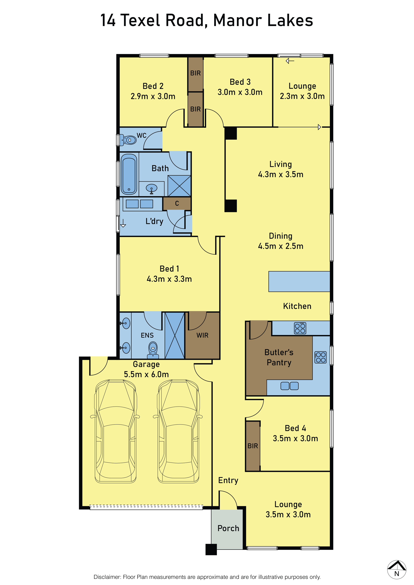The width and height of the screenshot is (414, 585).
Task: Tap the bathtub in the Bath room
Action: [x=129, y=174]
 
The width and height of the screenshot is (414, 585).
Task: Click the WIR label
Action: [x=202, y=335]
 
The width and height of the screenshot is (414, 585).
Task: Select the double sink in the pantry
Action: [x=290, y=386]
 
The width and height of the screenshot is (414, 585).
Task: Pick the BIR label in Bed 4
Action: [x=253, y=446]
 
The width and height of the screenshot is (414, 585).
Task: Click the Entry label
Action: [x=228, y=480]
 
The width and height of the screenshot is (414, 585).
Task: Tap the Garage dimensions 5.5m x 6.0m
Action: [x=146, y=374]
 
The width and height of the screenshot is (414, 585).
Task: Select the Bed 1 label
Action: [x=169, y=269]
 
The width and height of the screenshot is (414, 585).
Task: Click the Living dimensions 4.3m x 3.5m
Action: [x=281, y=174]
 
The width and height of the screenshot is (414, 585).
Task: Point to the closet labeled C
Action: [x=177, y=203]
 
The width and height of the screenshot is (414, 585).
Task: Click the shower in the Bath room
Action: [x=179, y=186]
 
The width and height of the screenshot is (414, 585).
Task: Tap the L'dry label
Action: [x=154, y=221]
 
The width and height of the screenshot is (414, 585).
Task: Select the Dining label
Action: [x=281, y=236]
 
